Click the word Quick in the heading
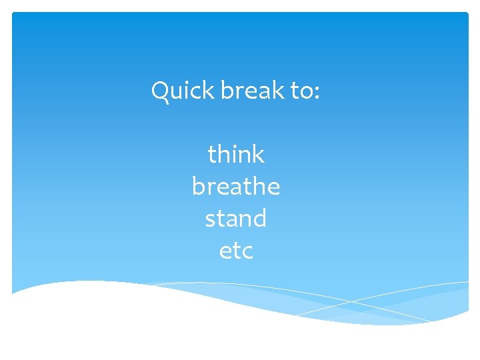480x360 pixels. point(182,91)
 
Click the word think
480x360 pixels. point(236,155)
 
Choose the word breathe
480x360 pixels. point(236,187)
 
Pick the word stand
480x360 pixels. point(236,219)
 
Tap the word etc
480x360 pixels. point(236,251)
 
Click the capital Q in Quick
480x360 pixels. point(161,91)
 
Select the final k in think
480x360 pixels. point(258,155)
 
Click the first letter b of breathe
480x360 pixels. point(199,186)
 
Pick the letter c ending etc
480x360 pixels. point(247,253)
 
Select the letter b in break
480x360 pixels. point(227,90)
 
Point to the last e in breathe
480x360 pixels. point(273,188)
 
